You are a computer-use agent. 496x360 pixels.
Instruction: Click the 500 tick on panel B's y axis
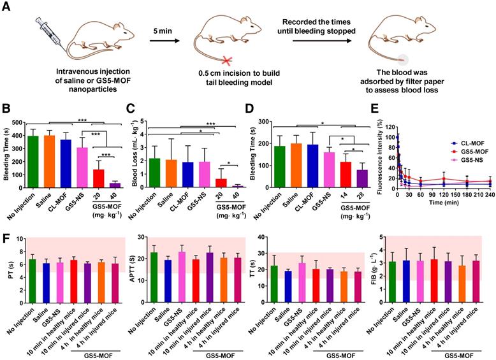(x=17, y=118)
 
